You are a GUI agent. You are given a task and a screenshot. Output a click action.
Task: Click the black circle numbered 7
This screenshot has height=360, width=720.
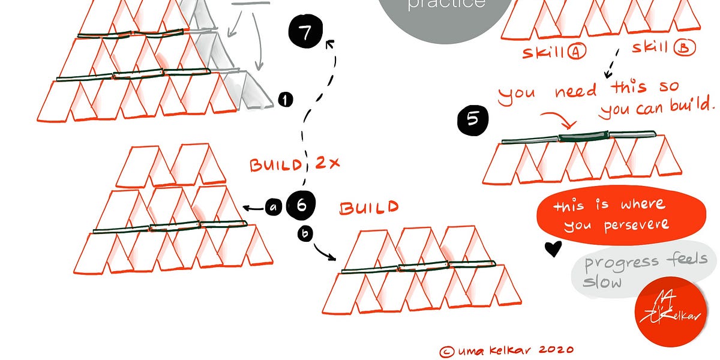pos(305,32)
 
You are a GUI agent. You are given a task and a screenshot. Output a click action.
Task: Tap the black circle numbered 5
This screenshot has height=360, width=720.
pos(473,119)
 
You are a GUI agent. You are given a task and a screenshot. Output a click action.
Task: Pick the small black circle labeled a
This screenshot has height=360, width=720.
pos(274,208)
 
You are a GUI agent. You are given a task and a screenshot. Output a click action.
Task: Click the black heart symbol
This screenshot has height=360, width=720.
pos(553,248)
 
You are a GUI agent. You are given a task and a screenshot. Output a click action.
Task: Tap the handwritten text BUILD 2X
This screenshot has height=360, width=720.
pos(295,164)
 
